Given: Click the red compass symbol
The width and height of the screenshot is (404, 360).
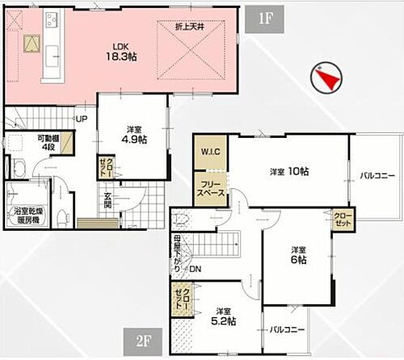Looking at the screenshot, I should pos(326,78).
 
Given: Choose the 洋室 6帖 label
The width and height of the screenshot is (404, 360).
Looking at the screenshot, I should pos(299,255).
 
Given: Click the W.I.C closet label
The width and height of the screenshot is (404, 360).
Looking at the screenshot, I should pos(209,150).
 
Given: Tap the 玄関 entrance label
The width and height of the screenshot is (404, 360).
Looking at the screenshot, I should pos(107,199).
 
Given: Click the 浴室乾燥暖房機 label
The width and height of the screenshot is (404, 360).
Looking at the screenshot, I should pos(32,216).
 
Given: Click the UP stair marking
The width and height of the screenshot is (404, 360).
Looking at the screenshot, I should pos(82,119).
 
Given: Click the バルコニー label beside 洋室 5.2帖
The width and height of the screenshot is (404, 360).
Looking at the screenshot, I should pos(286,330).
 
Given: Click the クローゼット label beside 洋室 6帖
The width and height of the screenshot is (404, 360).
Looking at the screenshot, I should pos(342,218).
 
